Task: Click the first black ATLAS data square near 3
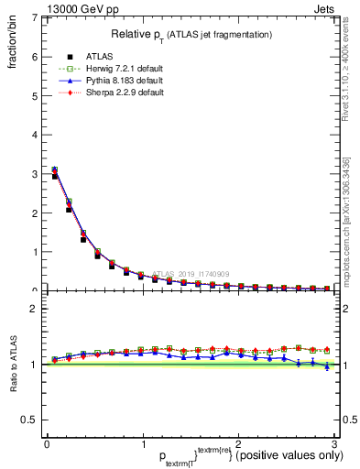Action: click(55, 176)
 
